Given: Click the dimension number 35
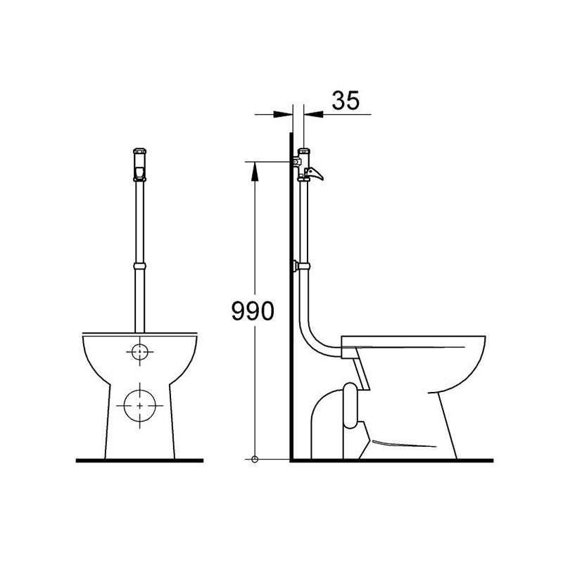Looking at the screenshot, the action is [345, 100].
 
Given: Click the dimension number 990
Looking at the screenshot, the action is [253, 310].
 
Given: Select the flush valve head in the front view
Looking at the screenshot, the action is [139, 164].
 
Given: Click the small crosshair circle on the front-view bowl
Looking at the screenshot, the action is [139, 351].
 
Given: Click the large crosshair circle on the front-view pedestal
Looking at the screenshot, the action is [139, 405].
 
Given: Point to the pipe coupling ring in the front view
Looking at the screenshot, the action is [139, 267].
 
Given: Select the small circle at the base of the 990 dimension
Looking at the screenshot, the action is [255, 459].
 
